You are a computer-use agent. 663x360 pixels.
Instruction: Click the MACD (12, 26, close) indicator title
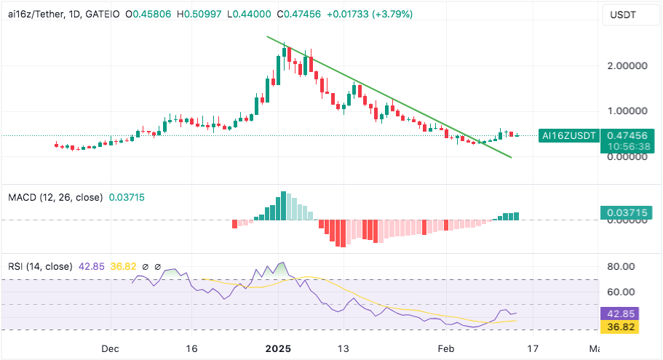click(x=55, y=197)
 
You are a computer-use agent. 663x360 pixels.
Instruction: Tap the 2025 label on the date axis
click(x=277, y=348)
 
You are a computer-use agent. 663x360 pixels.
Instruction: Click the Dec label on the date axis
click(x=110, y=348)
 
